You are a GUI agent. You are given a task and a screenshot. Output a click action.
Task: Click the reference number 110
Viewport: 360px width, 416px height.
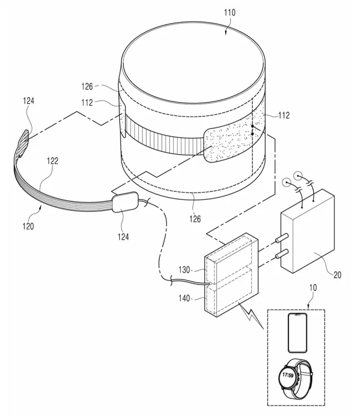pos(230,12)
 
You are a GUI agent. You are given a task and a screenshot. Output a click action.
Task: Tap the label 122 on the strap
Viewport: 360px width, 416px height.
pos(52,161)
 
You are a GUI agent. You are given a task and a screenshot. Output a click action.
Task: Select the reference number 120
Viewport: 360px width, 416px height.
pos(28,226)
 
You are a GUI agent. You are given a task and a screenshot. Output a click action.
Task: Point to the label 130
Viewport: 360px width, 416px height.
pos(184,270)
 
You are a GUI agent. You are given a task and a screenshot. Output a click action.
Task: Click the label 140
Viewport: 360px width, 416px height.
pos(184,298)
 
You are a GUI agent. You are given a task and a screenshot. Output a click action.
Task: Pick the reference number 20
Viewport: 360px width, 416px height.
pos(337,275)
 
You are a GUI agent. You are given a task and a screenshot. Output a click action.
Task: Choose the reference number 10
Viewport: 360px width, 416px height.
pos(313,287)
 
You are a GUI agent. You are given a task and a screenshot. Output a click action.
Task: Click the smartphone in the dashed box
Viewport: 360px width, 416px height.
pos(297,333)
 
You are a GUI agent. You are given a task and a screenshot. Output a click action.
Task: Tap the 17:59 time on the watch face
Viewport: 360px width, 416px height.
pos(288,375)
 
